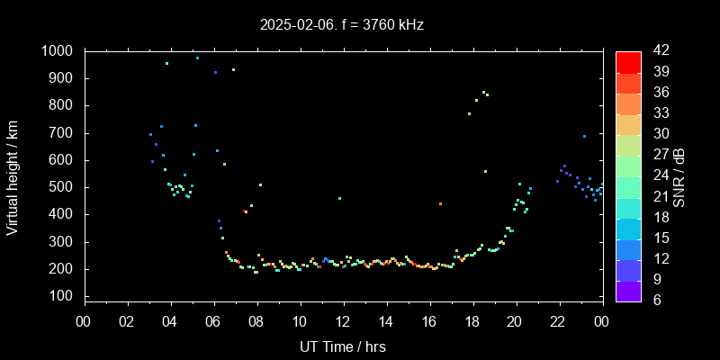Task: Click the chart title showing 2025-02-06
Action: pos(342,25)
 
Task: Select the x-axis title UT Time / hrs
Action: pos(342,346)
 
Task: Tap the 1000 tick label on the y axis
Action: pos(58,51)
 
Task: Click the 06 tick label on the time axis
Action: pos(213,319)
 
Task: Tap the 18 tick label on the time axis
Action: pos(472,319)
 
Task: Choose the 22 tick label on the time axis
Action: pos(558,319)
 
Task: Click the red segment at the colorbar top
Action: pos(628,61)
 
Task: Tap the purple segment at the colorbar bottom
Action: pos(628,290)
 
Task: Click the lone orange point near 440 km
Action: pos(440,204)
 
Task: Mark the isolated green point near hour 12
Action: pos(339,198)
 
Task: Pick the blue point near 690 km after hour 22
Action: pos(584,136)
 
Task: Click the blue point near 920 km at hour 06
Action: pos(215,73)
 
